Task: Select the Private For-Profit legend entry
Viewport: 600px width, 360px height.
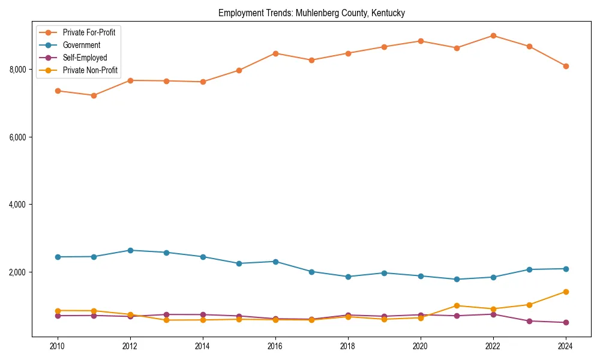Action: point(89,32)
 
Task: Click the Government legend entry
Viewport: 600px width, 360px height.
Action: point(81,45)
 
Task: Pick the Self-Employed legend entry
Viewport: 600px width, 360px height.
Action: point(85,58)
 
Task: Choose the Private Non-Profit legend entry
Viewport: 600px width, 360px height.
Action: point(90,70)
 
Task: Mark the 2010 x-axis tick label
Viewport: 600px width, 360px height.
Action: point(58,346)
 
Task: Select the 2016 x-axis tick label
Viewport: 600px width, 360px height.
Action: point(275,346)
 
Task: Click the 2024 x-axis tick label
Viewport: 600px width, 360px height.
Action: point(565,346)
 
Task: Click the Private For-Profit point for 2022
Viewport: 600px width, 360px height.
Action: point(493,35)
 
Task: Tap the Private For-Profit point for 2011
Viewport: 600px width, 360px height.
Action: point(94,95)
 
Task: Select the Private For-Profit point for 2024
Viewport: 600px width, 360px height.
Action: point(565,66)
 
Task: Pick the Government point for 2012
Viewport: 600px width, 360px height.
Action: point(130,250)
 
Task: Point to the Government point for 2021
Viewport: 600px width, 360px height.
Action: point(457,279)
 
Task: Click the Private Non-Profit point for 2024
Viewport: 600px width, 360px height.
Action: point(565,292)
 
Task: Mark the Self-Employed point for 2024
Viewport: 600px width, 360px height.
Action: point(565,322)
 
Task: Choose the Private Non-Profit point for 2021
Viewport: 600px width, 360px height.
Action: point(457,305)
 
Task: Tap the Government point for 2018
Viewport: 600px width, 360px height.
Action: point(348,277)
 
